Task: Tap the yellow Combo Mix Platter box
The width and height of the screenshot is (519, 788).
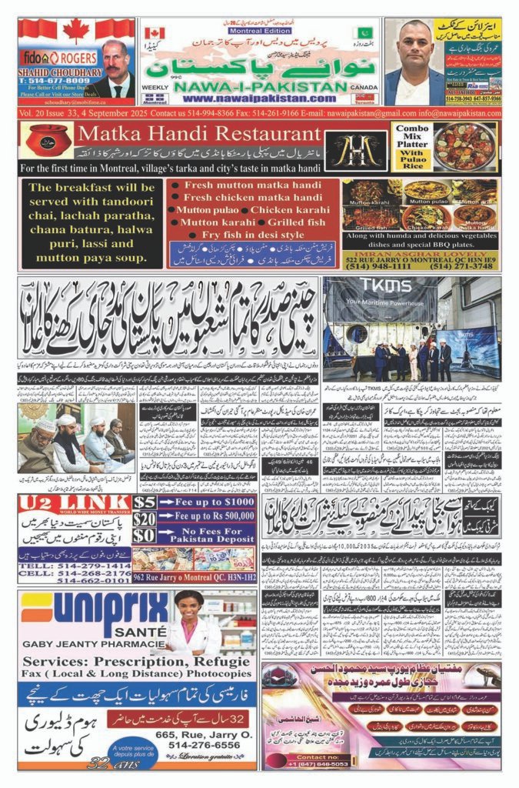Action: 411,146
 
